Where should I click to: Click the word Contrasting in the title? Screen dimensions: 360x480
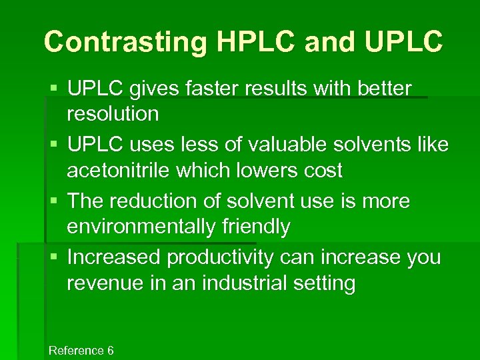(125, 41)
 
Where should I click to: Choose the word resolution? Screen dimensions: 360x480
(113, 114)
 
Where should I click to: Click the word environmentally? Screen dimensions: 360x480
(141, 227)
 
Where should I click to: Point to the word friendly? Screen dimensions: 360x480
(255, 227)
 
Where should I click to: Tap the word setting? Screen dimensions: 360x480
(327, 283)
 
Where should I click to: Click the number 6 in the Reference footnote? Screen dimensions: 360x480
(110, 351)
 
